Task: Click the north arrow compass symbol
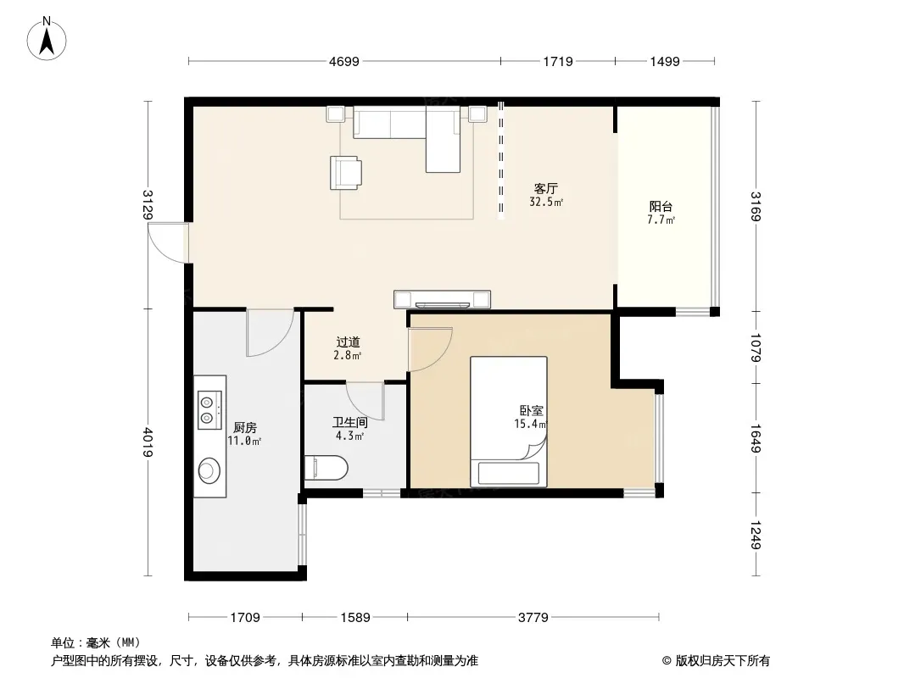(47, 39)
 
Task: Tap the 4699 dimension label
(344, 61)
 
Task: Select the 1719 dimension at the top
(557, 61)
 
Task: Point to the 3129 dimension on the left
(148, 204)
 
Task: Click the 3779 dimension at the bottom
(533, 618)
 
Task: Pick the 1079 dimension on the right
(756, 347)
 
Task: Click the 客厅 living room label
(545, 189)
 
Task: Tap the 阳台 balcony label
(661, 206)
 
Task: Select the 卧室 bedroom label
(531, 411)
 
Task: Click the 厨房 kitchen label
(245, 427)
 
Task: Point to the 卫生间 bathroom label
(350, 423)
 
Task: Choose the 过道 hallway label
(348, 342)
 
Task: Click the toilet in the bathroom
(326, 468)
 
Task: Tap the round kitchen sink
(209, 470)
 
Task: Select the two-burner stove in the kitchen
(209, 410)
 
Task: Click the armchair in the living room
(346, 173)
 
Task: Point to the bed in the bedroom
(509, 421)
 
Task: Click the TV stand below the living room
(442, 299)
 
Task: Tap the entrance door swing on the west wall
(168, 242)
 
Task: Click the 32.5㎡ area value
(546, 202)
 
